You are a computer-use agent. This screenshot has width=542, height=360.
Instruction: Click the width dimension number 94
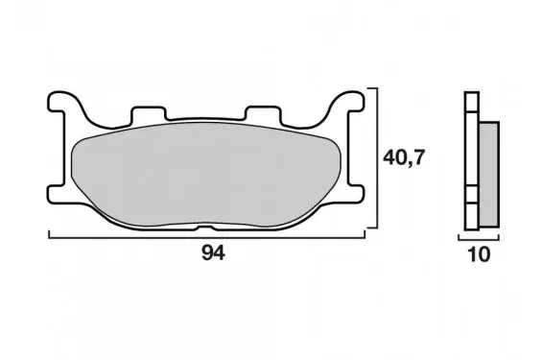tap(213, 253)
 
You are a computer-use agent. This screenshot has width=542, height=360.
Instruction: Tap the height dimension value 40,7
tap(403, 158)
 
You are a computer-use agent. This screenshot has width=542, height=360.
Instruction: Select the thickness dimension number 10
tap(479, 254)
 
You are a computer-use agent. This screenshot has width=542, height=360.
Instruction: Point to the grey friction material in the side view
tap(489, 175)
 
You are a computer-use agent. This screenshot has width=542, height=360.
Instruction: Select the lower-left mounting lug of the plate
tap(57, 194)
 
